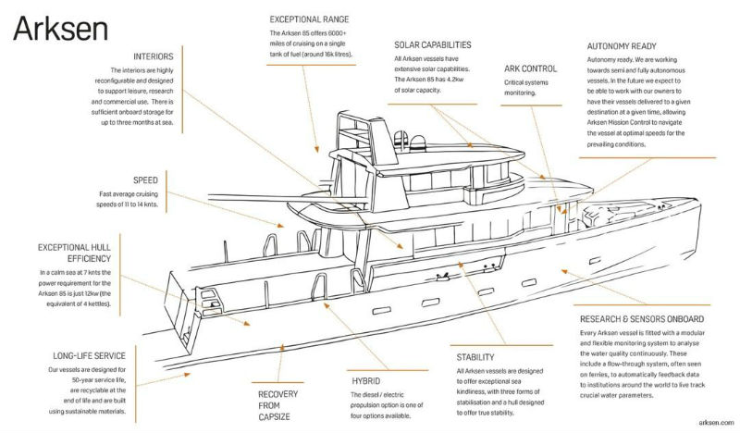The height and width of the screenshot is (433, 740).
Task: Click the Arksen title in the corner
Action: [x=60, y=29]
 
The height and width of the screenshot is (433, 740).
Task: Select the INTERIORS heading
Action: [x=154, y=56]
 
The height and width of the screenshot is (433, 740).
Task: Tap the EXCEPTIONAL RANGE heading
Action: [x=309, y=19]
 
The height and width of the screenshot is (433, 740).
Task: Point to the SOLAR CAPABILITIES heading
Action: [x=433, y=44]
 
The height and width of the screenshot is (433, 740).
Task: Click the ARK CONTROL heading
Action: [x=530, y=68]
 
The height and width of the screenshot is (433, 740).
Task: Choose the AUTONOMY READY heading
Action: [x=622, y=46]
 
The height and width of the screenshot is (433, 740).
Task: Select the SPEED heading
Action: [x=145, y=180]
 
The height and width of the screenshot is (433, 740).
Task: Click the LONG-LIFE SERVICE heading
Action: [x=89, y=356]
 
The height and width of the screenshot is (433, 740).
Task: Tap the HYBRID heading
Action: [x=365, y=381]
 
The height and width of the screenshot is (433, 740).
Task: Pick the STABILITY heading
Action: [x=475, y=357]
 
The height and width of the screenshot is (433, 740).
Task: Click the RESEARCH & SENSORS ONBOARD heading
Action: [x=642, y=319]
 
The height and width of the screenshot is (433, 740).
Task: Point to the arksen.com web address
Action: [x=716, y=422]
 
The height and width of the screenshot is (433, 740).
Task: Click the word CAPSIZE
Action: [x=274, y=417]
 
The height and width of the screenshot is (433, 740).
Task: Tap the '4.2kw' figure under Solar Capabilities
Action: [x=453, y=80]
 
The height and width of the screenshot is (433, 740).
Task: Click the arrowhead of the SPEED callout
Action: [x=280, y=226]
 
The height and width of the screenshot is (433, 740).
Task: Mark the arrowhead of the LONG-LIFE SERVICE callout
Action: [x=187, y=375]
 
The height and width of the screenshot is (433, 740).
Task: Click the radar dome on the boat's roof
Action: [x=417, y=142]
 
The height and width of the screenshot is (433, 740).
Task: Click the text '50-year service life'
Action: [x=98, y=380]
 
